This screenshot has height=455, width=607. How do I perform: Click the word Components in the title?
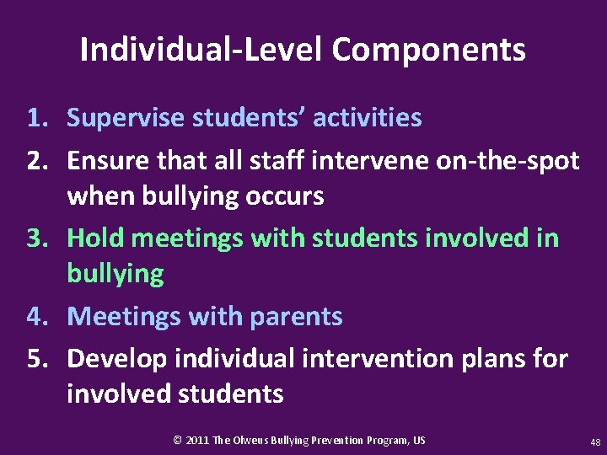[428, 51]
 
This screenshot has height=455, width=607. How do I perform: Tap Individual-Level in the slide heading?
[201, 50]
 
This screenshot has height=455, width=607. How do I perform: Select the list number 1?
[40, 118]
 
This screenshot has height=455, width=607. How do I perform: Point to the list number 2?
[40, 160]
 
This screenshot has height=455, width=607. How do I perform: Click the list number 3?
[40, 238]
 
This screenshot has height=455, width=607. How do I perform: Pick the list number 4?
[40, 317]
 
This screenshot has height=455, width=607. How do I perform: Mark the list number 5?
[40, 359]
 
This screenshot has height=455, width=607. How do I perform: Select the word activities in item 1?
[367, 118]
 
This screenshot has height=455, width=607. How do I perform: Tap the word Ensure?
[106, 160]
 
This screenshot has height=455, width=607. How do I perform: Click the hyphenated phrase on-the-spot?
[508, 160]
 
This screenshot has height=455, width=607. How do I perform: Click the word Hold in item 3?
[94, 238]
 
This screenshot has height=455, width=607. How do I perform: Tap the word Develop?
[117, 359]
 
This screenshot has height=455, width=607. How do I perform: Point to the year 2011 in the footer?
[197, 440]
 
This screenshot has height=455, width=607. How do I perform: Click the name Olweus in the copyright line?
[253, 440]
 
